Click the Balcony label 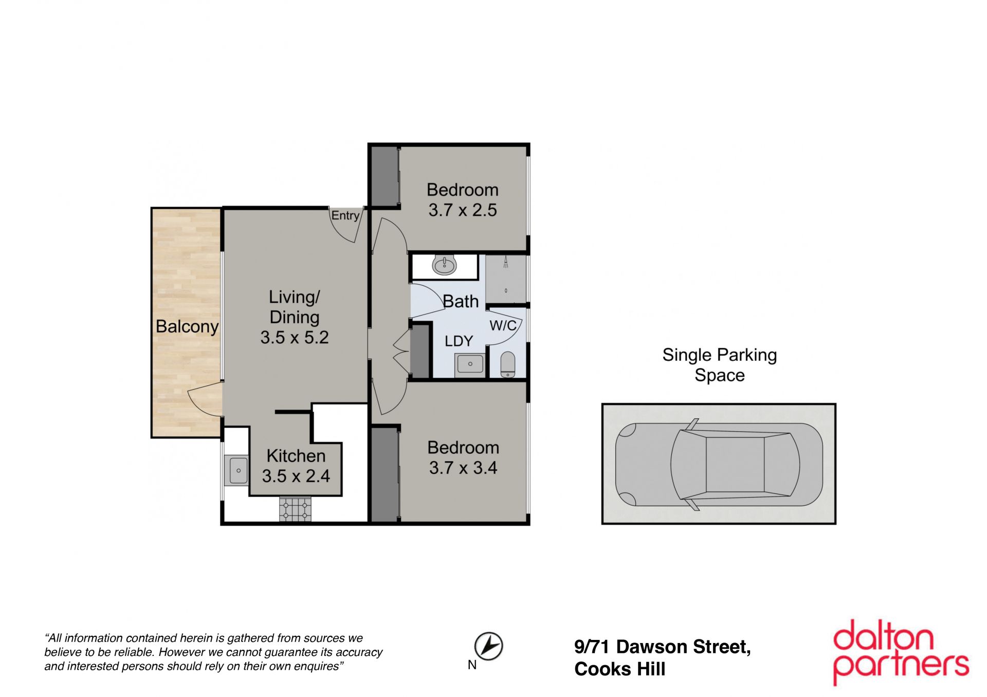(187, 327)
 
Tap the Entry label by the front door (345, 215)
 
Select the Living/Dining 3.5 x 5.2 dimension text (295, 337)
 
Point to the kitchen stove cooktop (296, 509)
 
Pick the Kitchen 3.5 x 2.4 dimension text (296, 476)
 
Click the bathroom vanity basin (444, 265)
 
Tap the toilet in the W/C (507, 364)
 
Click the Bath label (461, 302)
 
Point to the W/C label (503, 325)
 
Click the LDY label (459, 341)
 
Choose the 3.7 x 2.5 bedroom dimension (463, 210)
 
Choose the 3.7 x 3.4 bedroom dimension (463, 468)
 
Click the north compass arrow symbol (488, 646)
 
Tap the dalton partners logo (901, 652)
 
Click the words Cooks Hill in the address (620, 669)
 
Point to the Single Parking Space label (719, 365)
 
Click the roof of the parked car (735, 465)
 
